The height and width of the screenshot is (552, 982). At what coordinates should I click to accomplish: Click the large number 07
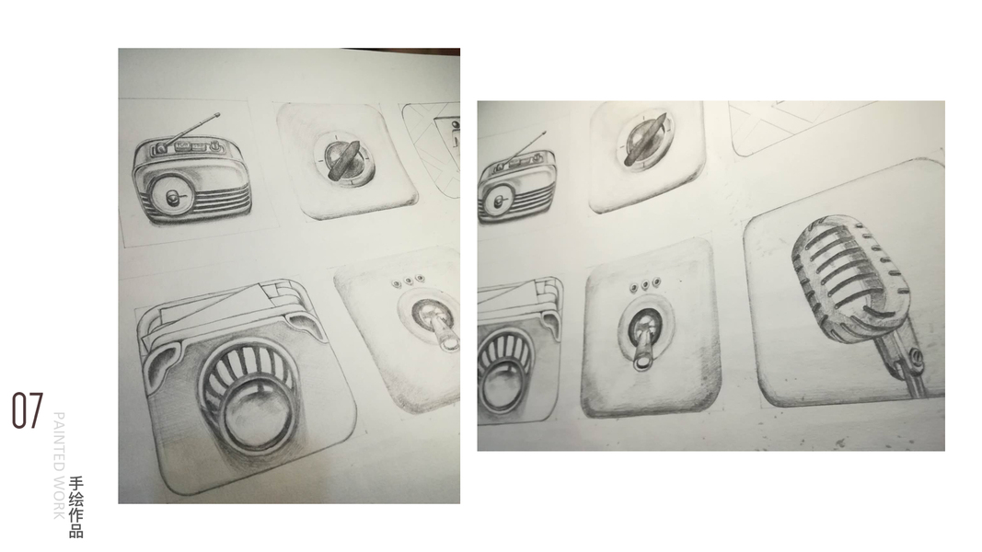click(28, 410)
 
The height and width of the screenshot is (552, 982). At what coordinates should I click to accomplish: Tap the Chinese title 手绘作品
click(76, 507)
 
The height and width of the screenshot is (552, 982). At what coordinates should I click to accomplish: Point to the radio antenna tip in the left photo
click(217, 114)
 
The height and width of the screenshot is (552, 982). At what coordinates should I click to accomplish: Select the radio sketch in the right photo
click(515, 178)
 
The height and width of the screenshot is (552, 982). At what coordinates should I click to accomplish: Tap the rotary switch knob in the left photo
click(343, 159)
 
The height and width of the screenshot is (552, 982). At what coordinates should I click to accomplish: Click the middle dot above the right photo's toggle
click(645, 284)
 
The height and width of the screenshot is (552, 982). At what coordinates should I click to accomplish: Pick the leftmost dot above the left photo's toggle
click(397, 283)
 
